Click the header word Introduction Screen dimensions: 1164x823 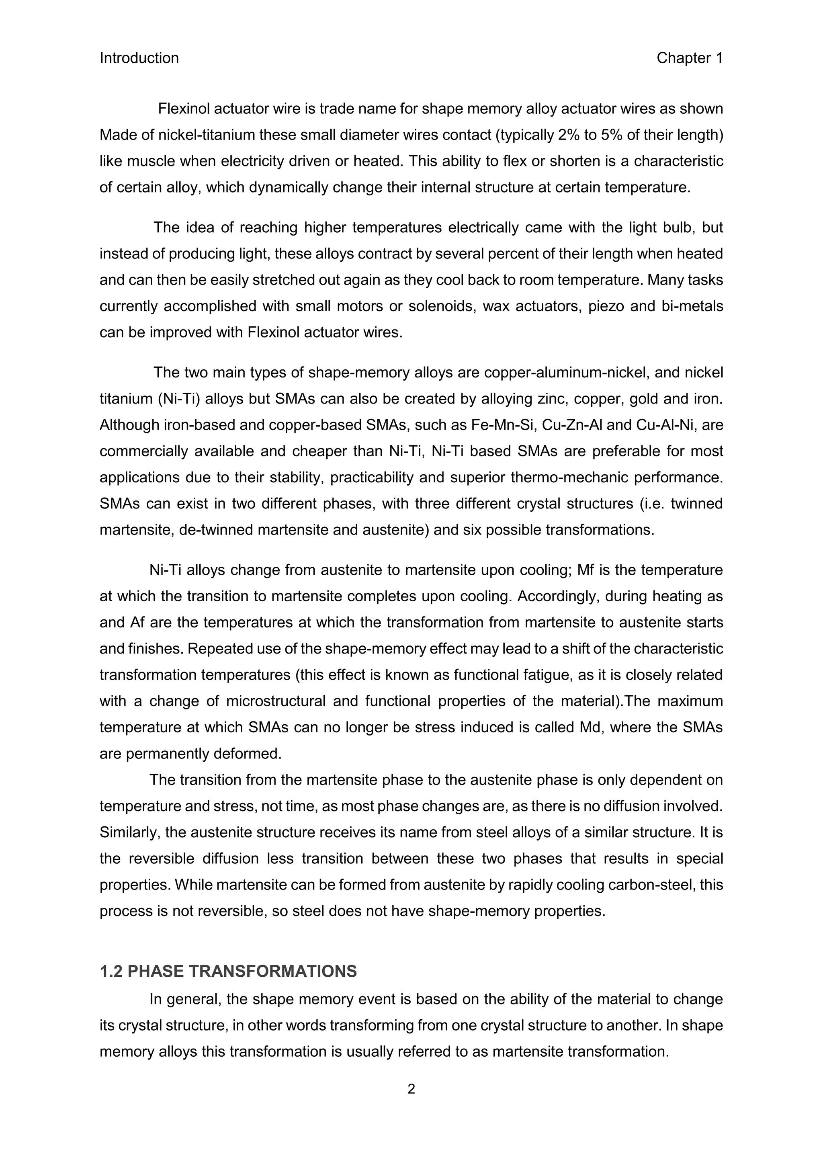[x=139, y=58]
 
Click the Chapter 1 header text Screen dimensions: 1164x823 [x=689, y=58]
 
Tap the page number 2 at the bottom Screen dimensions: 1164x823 [x=411, y=1088]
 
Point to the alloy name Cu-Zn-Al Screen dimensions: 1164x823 [x=572, y=425]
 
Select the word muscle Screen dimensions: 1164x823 [x=147, y=161]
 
